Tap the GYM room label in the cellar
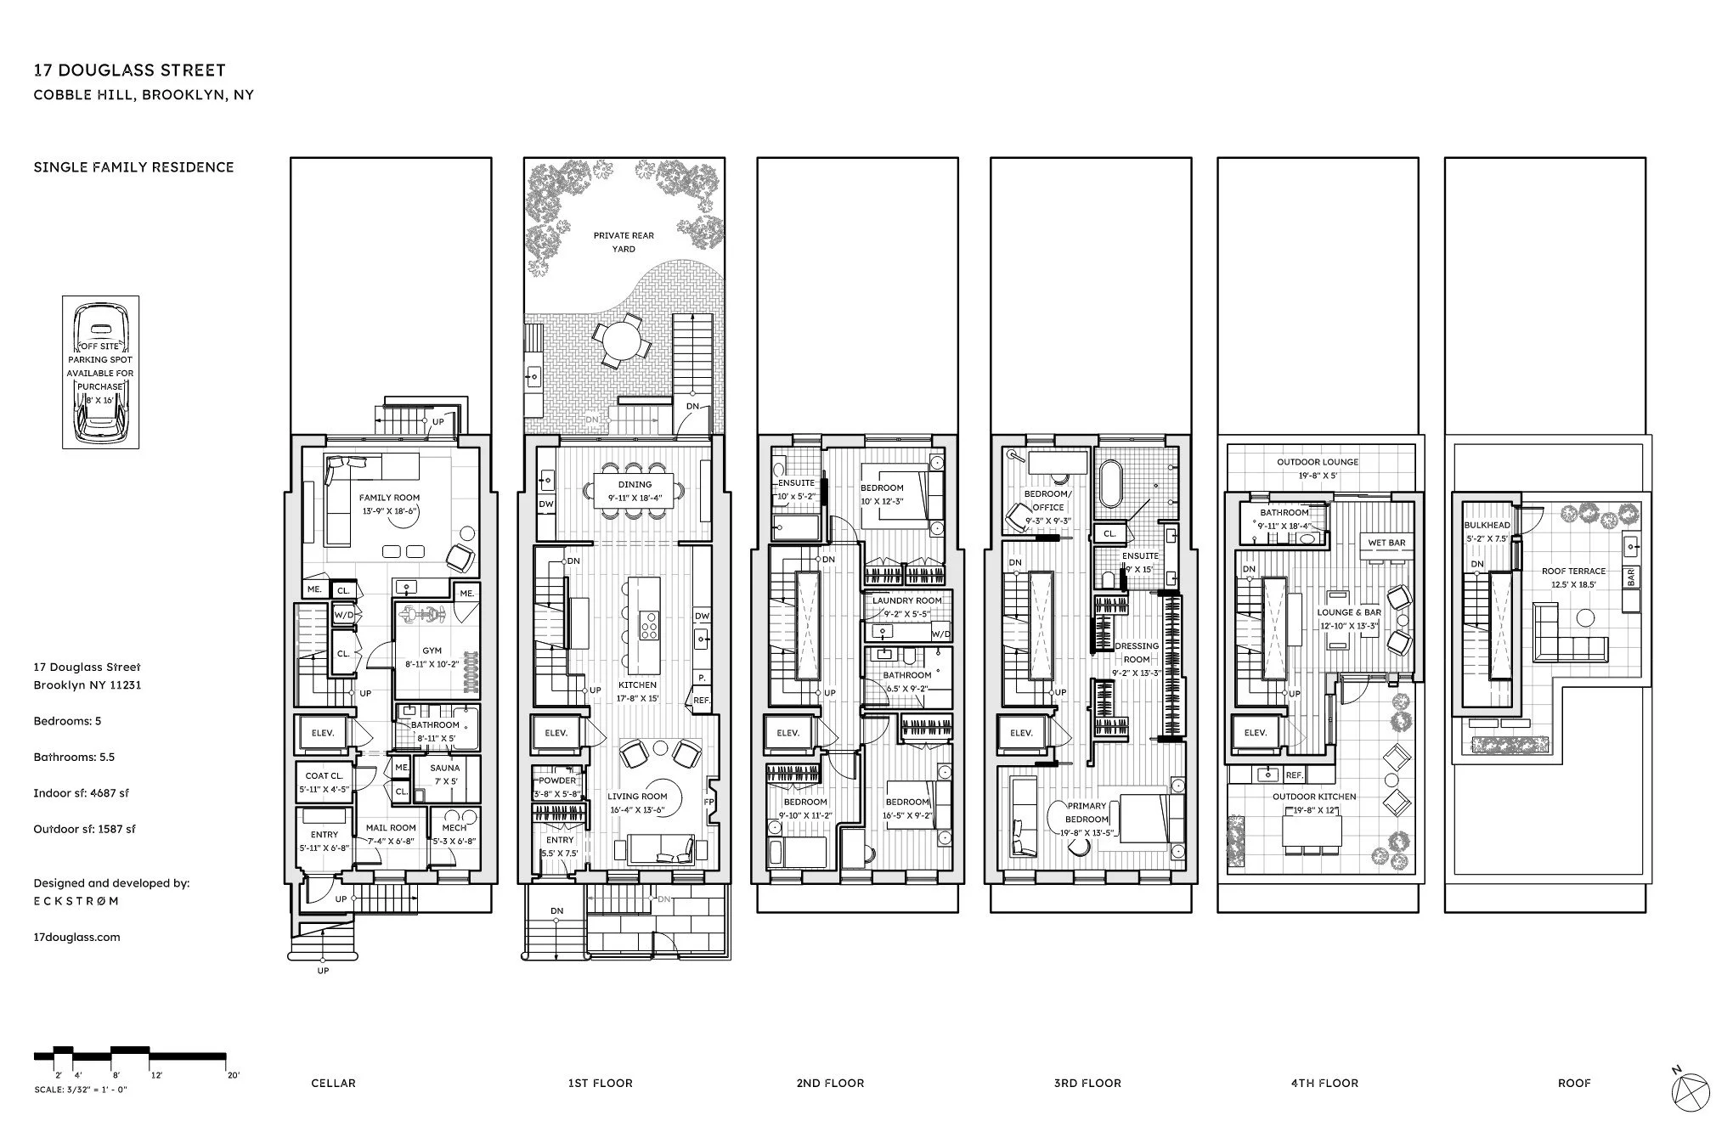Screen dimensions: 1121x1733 432,651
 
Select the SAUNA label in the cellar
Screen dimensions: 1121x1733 444,769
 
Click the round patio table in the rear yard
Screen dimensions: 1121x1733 624,340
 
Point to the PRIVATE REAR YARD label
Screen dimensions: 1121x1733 624,242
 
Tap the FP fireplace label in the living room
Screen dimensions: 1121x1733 708,802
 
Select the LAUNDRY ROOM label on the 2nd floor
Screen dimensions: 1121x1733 906,600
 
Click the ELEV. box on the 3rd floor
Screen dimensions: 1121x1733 1021,733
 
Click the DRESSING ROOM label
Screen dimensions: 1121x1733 1136,652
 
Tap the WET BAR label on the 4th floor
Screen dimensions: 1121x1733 1386,543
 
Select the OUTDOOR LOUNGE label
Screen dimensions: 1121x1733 1318,462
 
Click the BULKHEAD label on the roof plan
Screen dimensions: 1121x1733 1487,526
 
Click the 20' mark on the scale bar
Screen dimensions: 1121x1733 232,1074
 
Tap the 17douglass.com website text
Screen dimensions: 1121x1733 76,938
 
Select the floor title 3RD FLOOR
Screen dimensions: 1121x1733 1087,1083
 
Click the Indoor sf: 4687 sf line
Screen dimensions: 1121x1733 81,793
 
